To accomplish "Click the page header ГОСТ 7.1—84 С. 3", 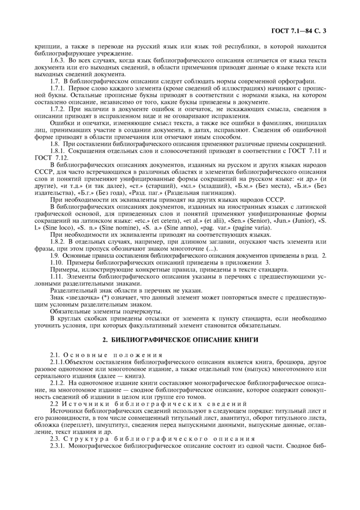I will [x=298, y=31].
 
